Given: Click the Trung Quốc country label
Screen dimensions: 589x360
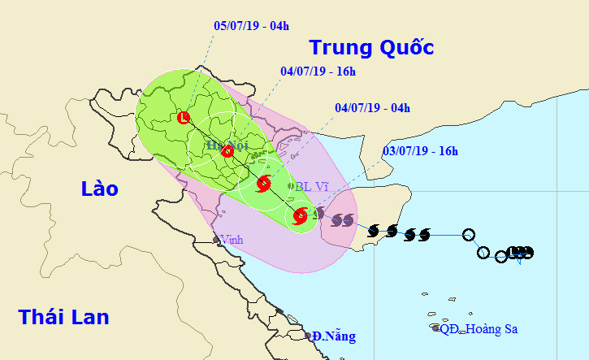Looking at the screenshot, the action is [x=372, y=47].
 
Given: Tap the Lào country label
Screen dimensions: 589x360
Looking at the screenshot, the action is [x=100, y=189].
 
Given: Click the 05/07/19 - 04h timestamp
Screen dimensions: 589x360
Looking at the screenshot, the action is [x=250, y=25].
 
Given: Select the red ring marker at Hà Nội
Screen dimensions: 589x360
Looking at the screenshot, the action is [x=227, y=150].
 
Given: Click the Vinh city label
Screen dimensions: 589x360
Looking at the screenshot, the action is [x=232, y=240].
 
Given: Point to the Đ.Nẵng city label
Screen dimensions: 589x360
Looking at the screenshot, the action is [x=334, y=336].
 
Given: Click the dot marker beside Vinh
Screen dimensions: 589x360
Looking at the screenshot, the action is [x=217, y=239].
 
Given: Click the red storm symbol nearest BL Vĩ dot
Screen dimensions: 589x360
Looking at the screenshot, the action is [x=263, y=184].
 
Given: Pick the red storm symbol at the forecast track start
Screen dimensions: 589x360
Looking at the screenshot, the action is [x=300, y=215].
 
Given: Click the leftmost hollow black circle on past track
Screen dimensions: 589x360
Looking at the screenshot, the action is [x=469, y=236].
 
